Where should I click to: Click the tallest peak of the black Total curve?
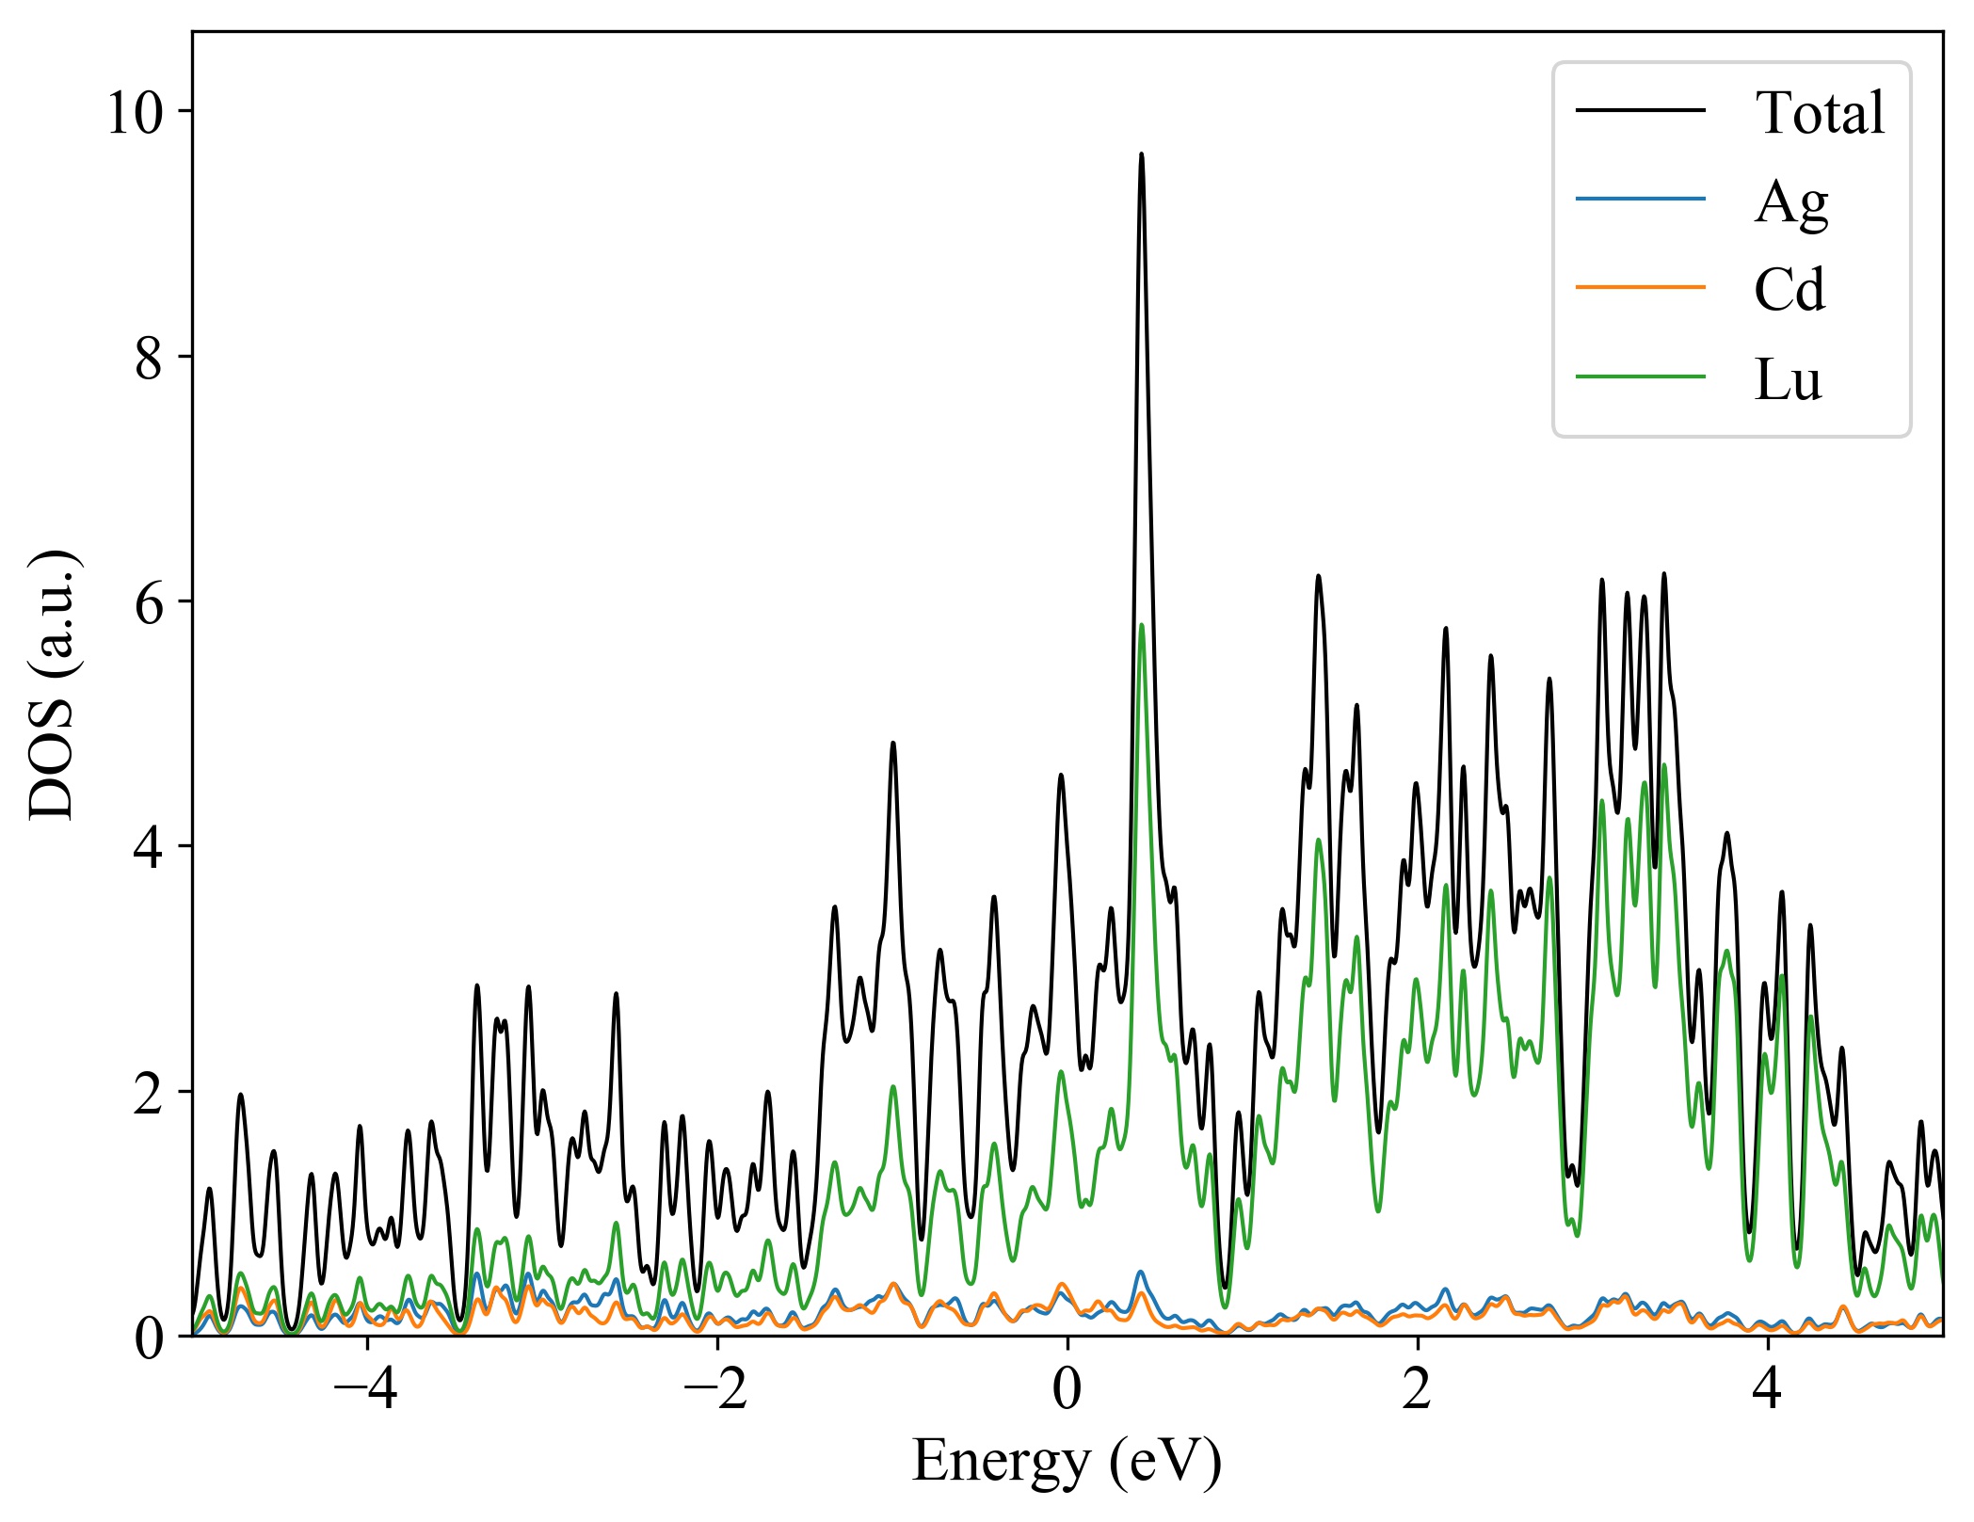point(1141,155)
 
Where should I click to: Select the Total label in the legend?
point(1820,113)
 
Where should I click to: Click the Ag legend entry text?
point(1790,201)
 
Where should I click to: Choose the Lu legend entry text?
point(1788,379)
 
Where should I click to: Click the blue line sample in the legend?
point(1640,199)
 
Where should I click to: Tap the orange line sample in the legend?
point(1640,286)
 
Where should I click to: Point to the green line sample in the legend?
point(1640,376)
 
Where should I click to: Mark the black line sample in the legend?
point(1640,110)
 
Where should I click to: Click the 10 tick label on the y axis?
point(135,114)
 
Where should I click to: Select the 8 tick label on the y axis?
point(149,359)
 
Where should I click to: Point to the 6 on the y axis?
point(149,603)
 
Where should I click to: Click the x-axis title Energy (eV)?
point(1067,1462)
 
